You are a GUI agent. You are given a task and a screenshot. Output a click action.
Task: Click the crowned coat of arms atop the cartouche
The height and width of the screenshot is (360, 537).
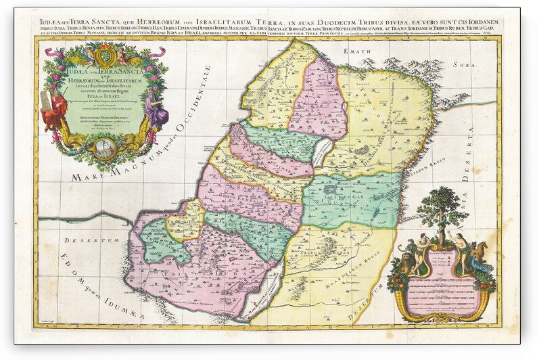click(x=104, y=54)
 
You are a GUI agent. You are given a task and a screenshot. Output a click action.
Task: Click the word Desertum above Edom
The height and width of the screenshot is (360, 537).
click(x=81, y=240)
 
